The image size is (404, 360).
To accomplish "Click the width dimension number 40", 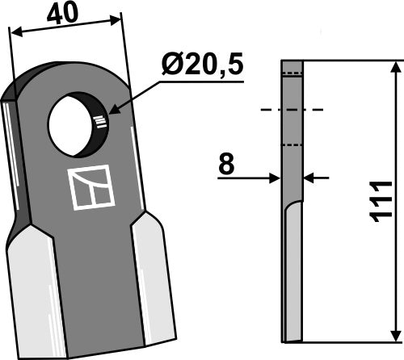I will pos(65,14).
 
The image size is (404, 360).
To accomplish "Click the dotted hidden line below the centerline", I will pos(292,145).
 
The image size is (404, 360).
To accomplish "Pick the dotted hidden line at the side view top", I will pos(292,74).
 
